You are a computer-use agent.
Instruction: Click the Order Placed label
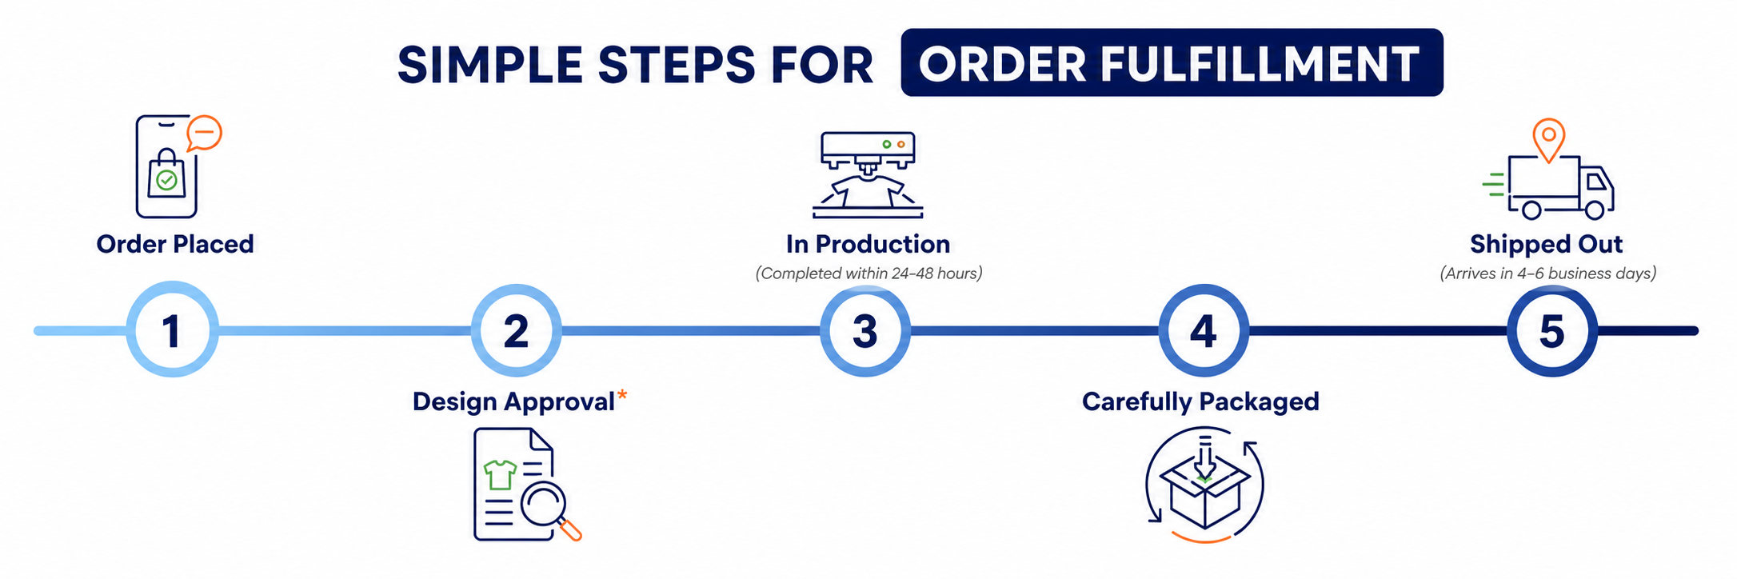(x=175, y=244)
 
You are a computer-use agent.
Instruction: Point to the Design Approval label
(x=513, y=401)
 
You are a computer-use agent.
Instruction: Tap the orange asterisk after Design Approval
(x=622, y=395)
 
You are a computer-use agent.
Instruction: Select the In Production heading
(x=868, y=244)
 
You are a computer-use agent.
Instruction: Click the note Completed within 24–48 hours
(x=868, y=274)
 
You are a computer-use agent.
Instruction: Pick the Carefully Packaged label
(x=1200, y=401)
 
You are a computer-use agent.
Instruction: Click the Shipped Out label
(x=1546, y=244)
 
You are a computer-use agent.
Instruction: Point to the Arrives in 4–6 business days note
(x=1547, y=274)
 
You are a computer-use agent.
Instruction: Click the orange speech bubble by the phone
(x=204, y=133)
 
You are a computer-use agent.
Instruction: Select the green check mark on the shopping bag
(x=166, y=180)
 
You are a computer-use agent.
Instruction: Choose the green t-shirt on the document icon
(x=501, y=474)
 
